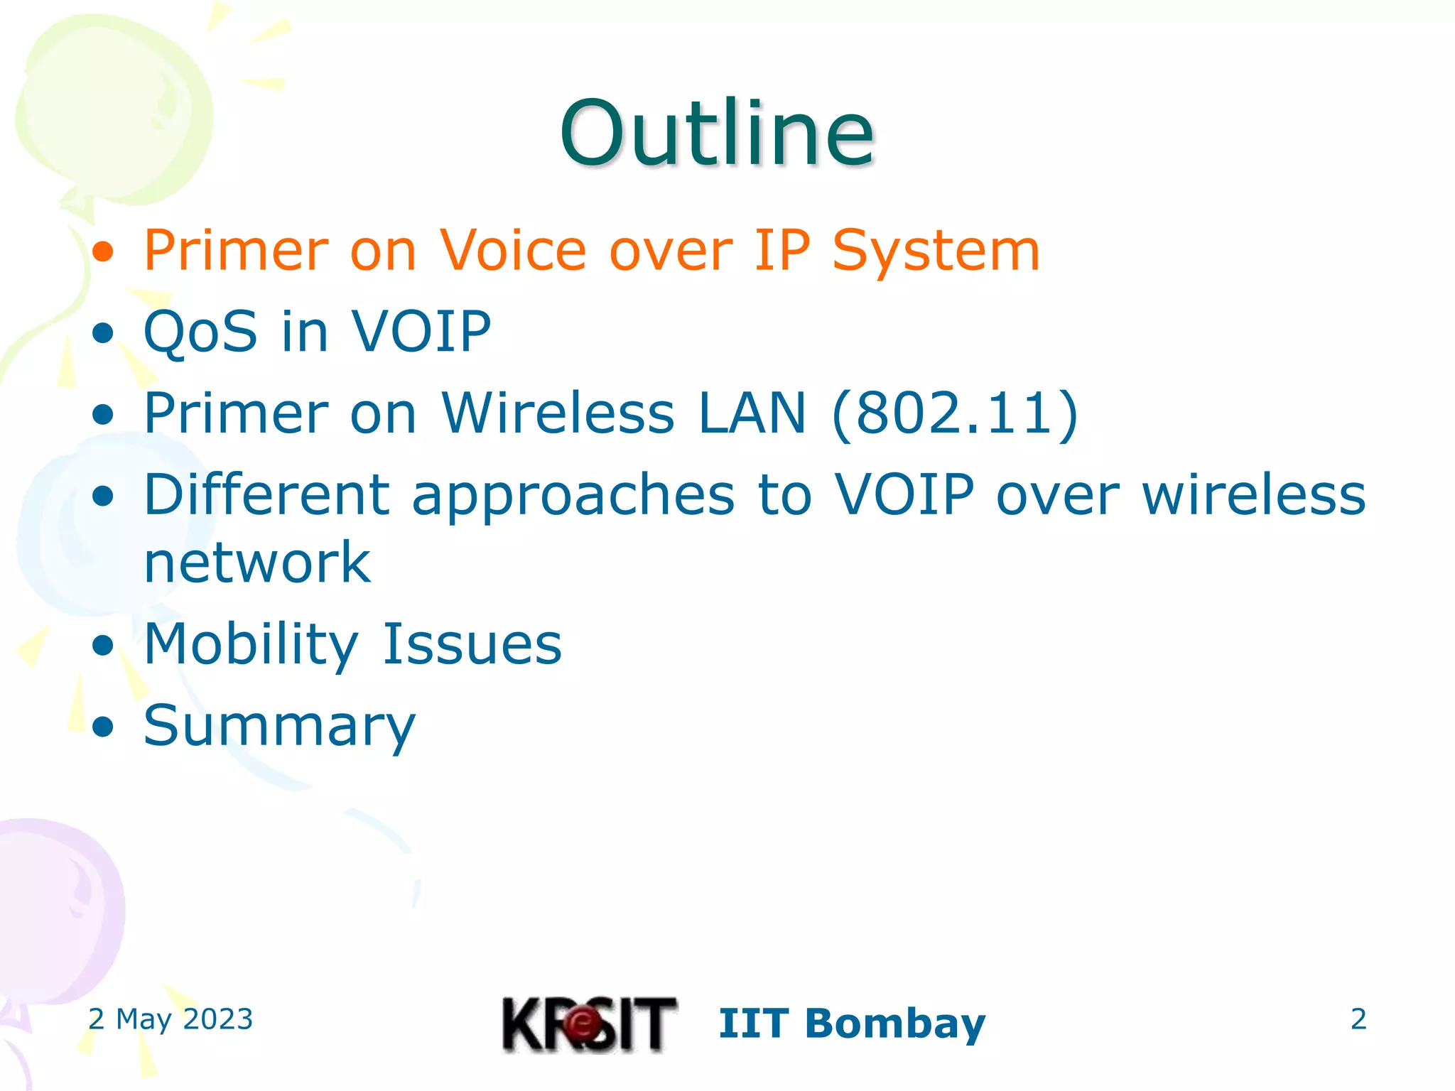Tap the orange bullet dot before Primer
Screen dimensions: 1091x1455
(104, 252)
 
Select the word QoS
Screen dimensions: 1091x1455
(200, 332)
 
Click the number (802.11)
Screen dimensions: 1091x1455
(955, 413)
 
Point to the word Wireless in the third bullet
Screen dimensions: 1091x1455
(558, 413)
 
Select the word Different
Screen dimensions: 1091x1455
(266, 494)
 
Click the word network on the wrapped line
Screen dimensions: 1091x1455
(257, 563)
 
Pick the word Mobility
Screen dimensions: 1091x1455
(251, 644)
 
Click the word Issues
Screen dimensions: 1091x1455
(472, 644)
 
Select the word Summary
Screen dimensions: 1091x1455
(279, 726)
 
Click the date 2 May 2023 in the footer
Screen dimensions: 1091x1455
(171, 1019)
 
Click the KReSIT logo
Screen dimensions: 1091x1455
(589, 1024)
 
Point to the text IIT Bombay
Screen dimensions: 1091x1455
(852, 1024)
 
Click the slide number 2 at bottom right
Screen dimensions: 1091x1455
(1358, 1019)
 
